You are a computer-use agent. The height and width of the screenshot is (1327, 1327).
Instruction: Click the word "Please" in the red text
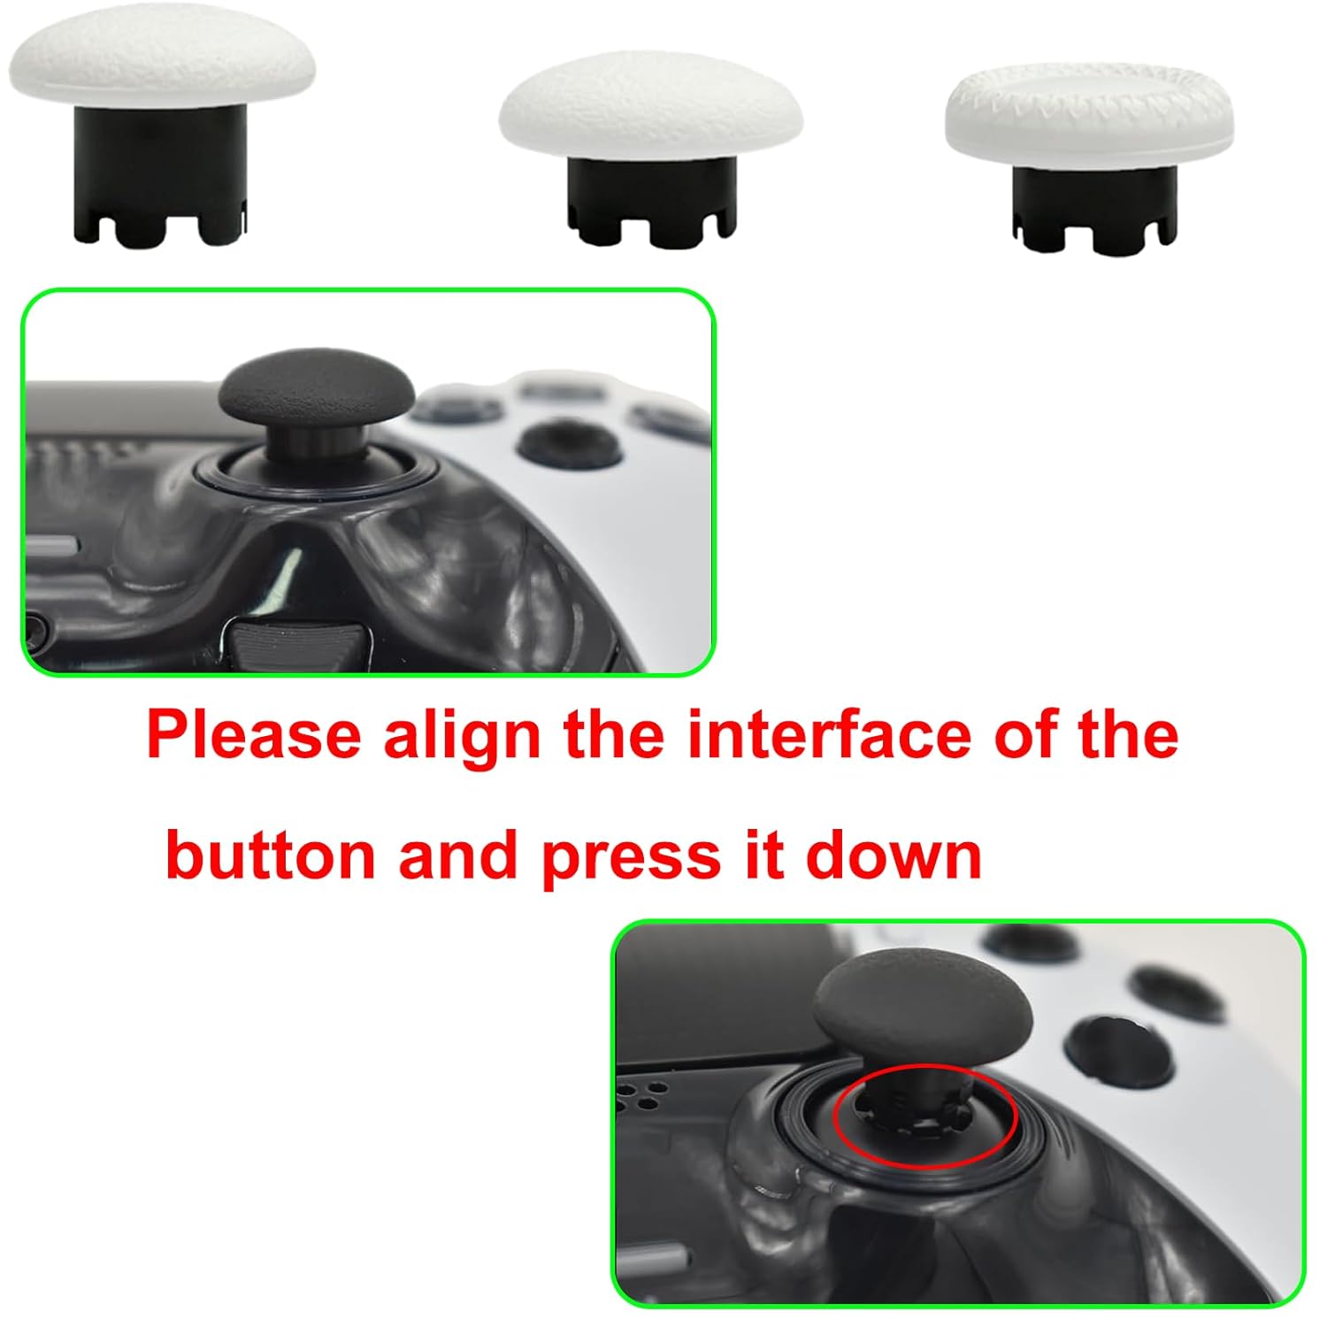click(x=254, y=736)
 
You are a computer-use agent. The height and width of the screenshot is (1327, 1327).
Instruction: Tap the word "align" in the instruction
click(x=462, y=736)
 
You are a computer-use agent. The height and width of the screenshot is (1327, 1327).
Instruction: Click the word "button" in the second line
click(x=269, y=855)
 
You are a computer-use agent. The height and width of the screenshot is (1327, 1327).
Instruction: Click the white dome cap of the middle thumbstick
click(x=650, y=111)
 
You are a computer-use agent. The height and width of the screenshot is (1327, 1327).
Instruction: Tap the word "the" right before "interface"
click(x=612, y=734)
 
